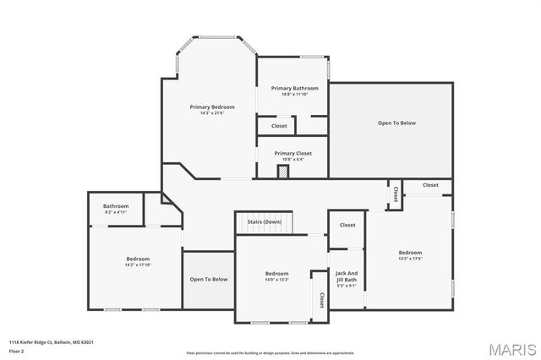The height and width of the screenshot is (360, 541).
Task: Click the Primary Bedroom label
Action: pyautogui.click(x=211, y=107)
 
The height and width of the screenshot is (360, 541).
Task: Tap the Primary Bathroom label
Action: pyautogui.click(x=294, y=88)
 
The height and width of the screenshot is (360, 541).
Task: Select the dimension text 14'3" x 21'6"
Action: pyautogui.click(x=211, y=113)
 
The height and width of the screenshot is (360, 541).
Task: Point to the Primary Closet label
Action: pyautogui.click(x=292, y=153)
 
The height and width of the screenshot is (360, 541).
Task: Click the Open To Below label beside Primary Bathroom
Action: pyautogui.click(x=396, y=123)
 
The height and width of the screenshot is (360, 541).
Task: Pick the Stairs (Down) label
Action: pyautogui.click(x=264, y=221)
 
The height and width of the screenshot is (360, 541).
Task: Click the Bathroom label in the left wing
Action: pyautogui.click(x=116, y=206)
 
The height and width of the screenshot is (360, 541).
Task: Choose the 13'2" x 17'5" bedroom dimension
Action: pyautogui.click(x=410, y=259)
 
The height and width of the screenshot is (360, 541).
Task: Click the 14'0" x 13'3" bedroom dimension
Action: pyautogui.click(x=276, y=279)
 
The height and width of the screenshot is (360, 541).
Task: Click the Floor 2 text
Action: pyautogui.click(x=16, y=350)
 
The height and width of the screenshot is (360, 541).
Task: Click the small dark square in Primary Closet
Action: pyautogui.click(x=283, y=171)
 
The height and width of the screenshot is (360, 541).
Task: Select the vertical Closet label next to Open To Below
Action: pyautogui.click(x=395, y=194)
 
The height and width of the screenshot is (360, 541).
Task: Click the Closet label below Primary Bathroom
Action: pyautogui.click(x=279, y=126)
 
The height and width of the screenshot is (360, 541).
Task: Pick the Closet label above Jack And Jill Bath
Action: pyautogui.click(x=347, y=225)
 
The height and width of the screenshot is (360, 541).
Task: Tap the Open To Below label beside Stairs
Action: pyautogui.click(x=208, y=280)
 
